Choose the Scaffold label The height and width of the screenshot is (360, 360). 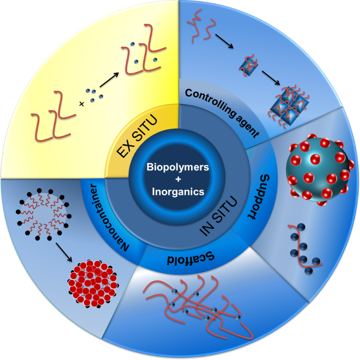[x=190, y=259]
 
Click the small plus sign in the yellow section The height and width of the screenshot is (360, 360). [x=81, y=104]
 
